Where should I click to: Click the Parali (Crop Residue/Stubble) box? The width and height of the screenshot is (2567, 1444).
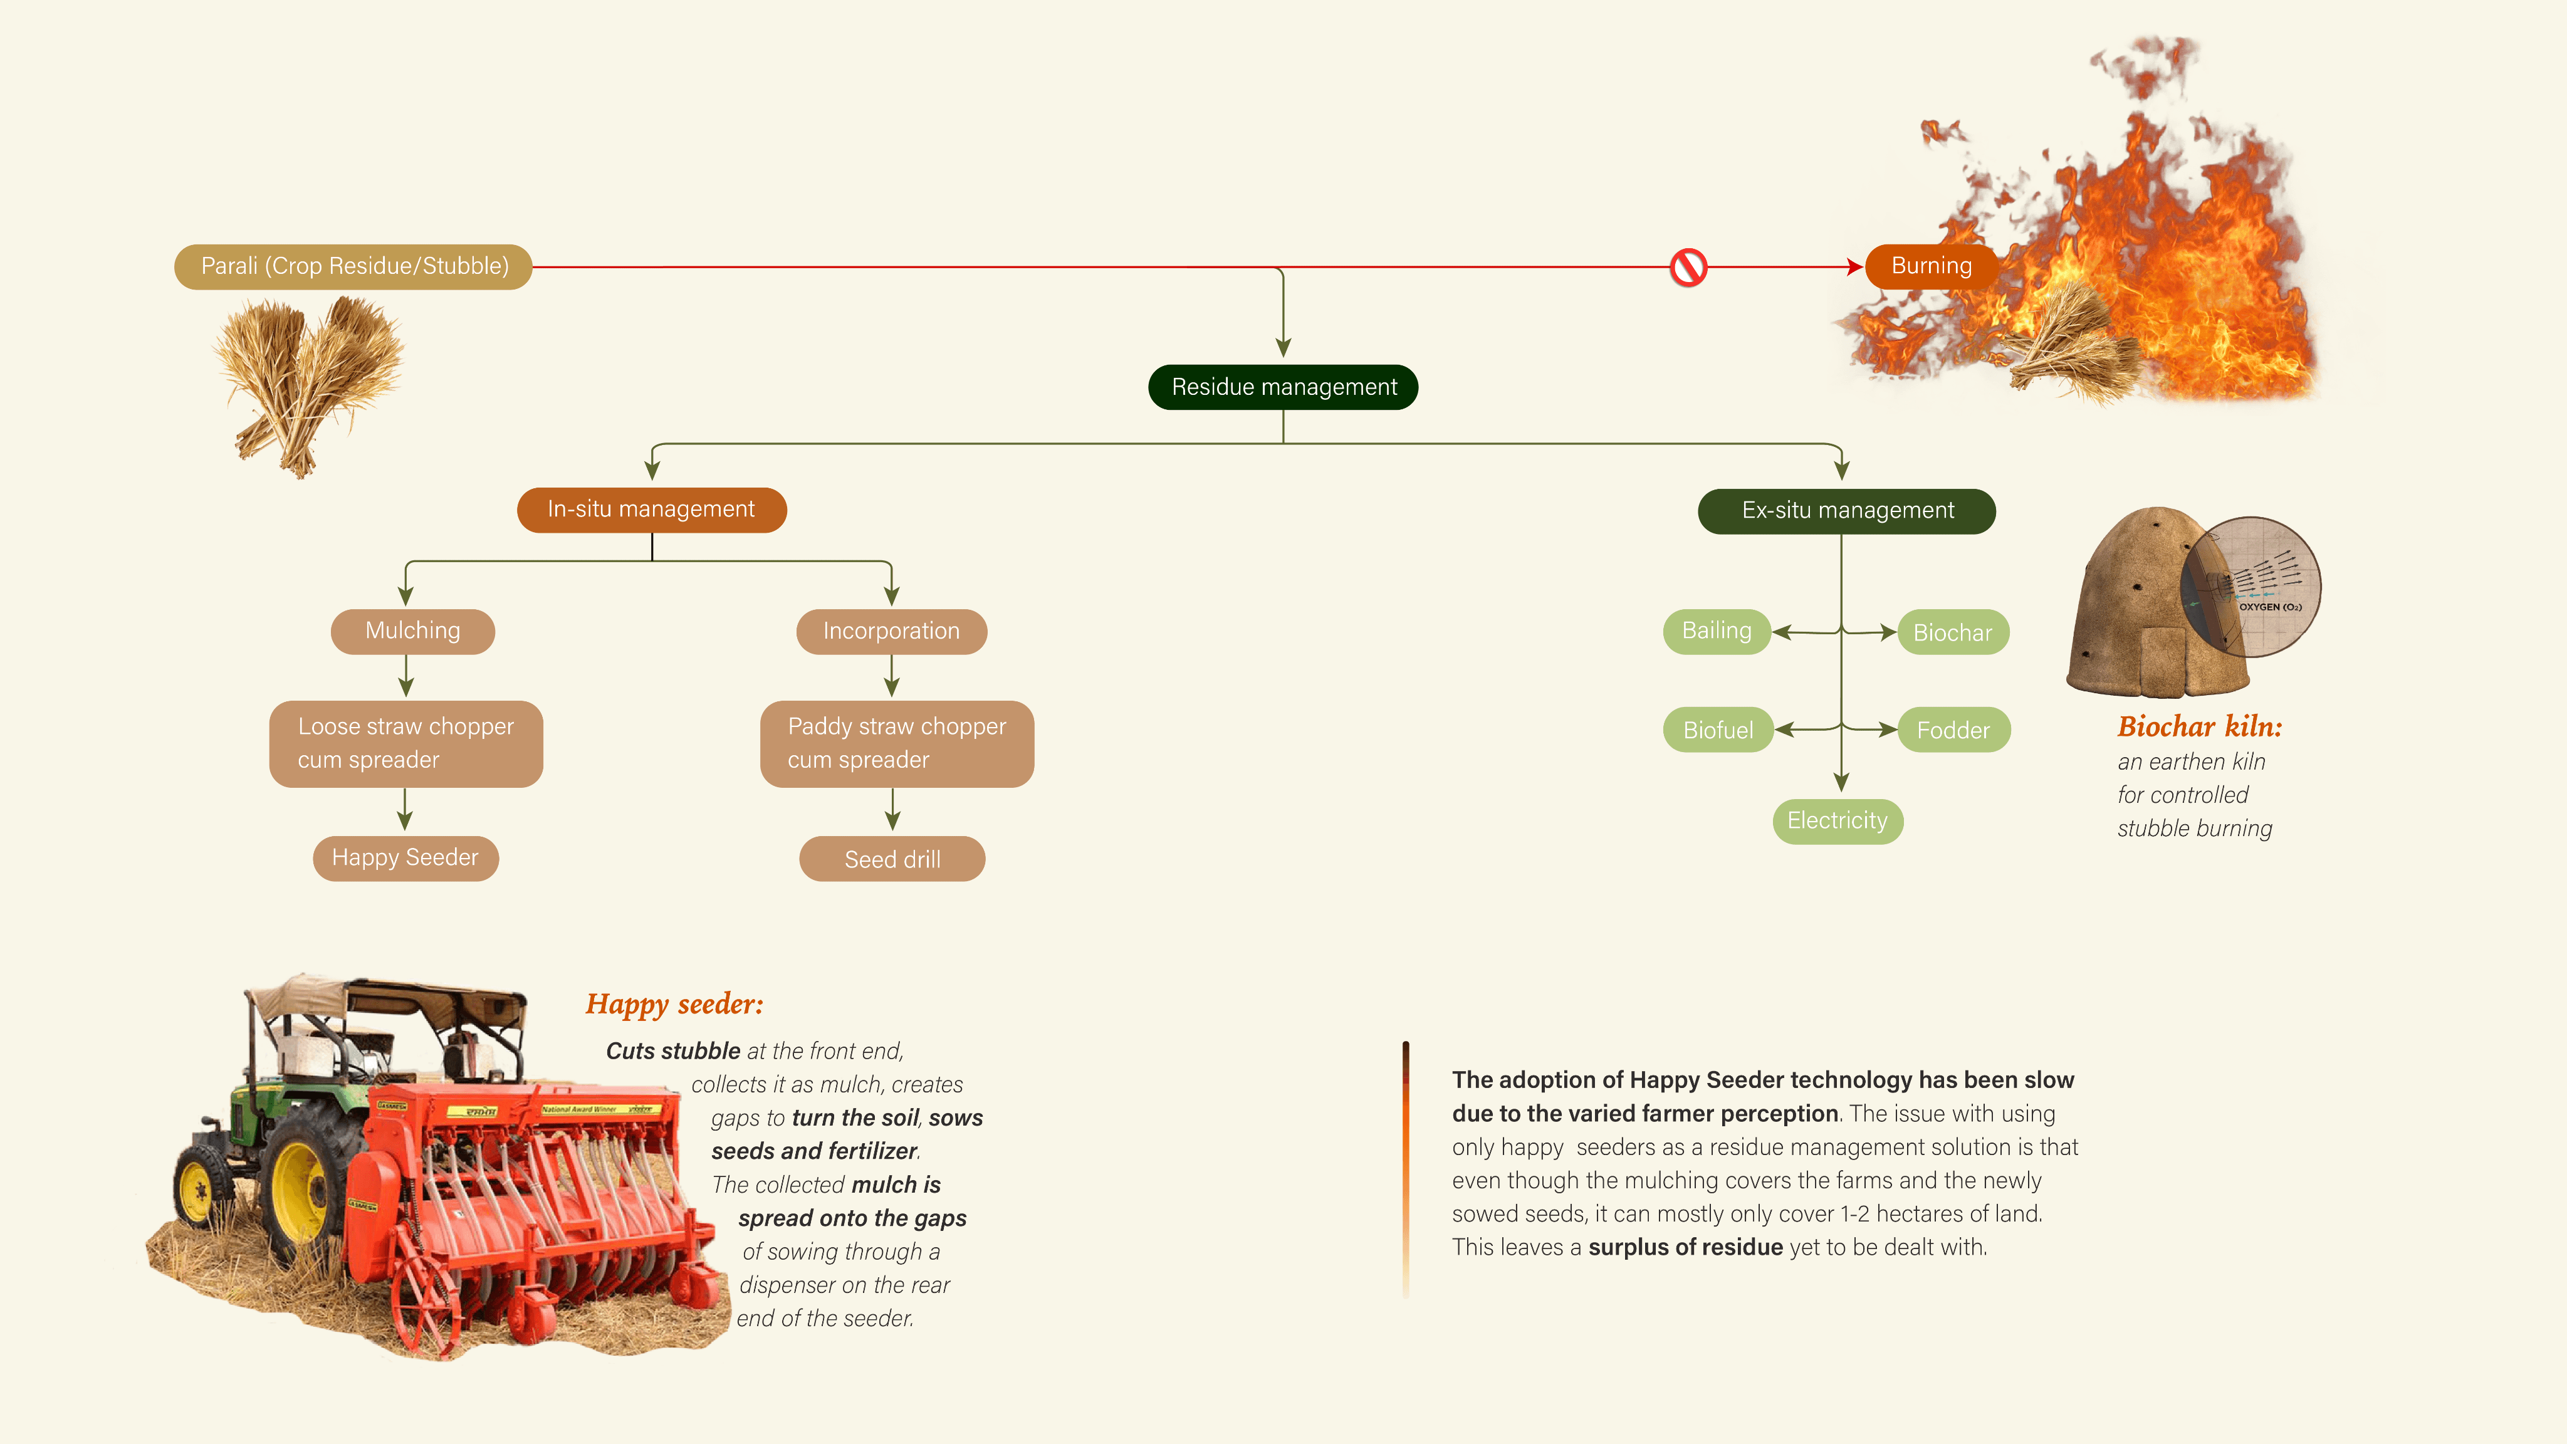click(x=353, y=266)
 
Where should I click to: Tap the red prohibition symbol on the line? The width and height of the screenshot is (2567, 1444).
click(x=1688, y=267)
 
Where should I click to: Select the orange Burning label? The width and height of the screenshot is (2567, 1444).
click(x=1932, y=266)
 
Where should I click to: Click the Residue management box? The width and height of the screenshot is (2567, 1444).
click(x=1283, y=387)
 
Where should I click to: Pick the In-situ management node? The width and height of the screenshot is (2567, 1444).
click(x=652, y=510)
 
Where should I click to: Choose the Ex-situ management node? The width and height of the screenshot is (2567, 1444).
click(x=1846, y=510)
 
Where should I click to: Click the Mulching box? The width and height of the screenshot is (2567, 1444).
click(x=412, y=631)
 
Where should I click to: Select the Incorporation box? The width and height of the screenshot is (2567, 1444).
click(x=892, y=631)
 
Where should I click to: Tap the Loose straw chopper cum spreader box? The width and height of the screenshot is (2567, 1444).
click(x=405, y=743)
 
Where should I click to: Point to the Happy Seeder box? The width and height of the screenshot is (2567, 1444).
click(x=405, y=858)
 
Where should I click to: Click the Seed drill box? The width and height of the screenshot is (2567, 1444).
click(x=892, y=859)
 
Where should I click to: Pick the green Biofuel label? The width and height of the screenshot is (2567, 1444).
click(x=1718, y=730)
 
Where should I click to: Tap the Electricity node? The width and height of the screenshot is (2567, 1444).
click(x=1838, y=821)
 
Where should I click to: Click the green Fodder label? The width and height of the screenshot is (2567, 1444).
click(x=1953, y=730)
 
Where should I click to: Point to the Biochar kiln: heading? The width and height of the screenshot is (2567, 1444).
click(x=2199, y=726)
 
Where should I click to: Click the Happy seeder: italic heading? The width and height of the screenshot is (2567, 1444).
click(x=674, y=1003)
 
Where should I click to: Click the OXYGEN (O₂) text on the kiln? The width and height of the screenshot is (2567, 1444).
click(x=2270, y=607)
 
